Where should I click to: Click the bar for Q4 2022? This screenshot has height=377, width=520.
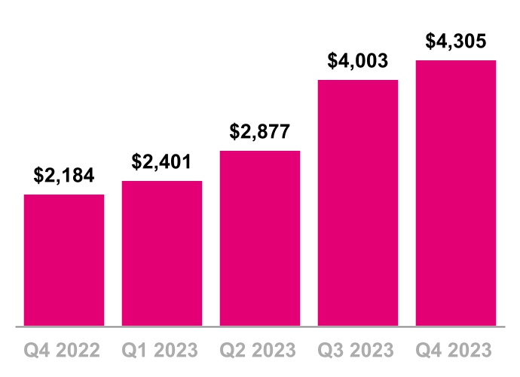coord(64,260)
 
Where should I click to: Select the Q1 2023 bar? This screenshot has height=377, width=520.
coord(162,253)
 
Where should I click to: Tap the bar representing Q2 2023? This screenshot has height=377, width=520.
coord(260,238)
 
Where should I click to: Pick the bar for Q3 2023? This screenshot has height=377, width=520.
coord(358,203)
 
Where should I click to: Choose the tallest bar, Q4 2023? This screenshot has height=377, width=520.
coord(456,193)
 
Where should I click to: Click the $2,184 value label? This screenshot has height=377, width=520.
coord(64,176)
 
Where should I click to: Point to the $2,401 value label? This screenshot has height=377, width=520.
coord(162,161)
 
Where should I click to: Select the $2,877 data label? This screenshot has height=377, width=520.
coord(260,132)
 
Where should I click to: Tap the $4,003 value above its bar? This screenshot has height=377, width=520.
coord(358,61)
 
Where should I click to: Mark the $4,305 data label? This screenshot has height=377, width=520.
coord(456,41)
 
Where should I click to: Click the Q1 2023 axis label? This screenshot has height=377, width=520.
coord(162,351)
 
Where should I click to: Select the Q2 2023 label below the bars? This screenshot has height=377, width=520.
coord(260,351)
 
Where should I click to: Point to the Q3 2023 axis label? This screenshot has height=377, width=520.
coord(358,351)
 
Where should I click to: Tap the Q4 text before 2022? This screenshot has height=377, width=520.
coord(38,351)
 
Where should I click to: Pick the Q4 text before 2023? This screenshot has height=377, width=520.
coord(430,351)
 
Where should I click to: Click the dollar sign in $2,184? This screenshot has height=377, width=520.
coord(38,176)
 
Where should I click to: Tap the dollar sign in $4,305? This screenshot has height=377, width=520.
coord(430,41)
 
